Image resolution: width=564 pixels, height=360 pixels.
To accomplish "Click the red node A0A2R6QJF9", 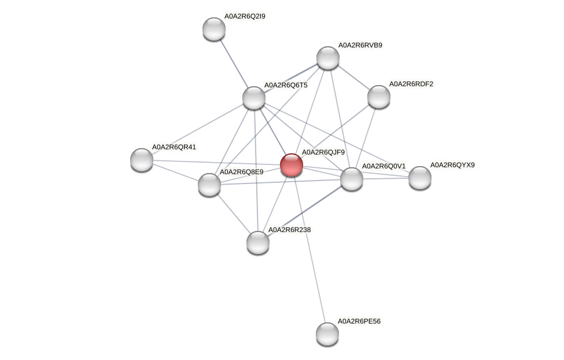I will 291,165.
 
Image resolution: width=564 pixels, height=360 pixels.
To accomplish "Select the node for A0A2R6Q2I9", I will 214,29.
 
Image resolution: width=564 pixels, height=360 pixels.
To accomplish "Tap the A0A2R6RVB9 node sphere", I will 328,58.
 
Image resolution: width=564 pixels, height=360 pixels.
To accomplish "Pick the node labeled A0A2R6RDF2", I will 379,97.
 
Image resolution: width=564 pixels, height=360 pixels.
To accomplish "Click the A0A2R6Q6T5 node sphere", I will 254,98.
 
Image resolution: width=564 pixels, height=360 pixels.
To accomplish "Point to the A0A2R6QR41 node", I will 142,160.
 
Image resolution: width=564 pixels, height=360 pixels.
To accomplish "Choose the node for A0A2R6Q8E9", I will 209,185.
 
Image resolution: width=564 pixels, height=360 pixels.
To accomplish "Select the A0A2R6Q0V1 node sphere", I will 352,179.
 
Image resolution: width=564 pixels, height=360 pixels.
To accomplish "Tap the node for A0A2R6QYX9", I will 420,178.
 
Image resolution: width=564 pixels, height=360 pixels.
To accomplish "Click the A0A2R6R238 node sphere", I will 258,243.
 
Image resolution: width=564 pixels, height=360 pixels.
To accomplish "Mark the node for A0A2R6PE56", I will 327,333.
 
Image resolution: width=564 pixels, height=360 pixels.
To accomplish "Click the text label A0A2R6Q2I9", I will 245,17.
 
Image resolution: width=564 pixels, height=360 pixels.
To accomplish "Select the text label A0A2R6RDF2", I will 411,85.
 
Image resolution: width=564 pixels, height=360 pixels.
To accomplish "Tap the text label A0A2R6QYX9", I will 452,166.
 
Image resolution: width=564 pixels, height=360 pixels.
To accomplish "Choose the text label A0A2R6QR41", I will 174,148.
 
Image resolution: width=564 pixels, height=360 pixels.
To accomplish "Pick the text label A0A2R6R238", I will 289,230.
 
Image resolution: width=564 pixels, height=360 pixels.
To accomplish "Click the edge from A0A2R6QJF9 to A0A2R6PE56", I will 309,249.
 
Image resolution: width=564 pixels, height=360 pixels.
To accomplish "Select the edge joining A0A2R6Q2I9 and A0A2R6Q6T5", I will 234,63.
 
